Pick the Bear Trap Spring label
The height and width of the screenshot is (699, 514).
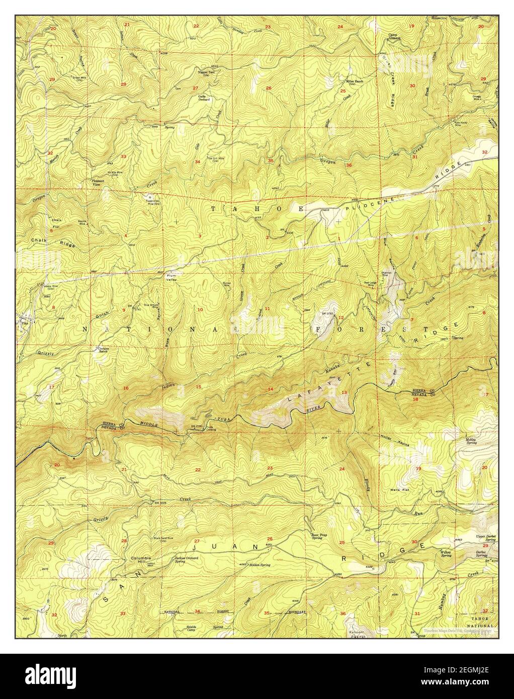[316, 537]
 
